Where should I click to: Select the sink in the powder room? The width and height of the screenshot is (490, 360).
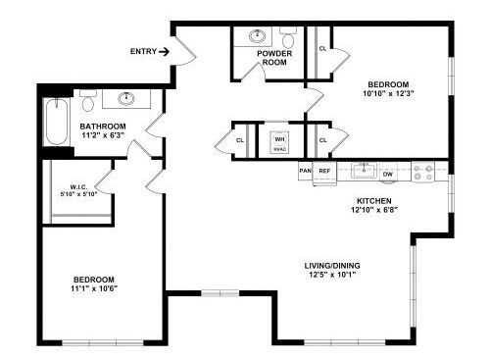coord(259,36)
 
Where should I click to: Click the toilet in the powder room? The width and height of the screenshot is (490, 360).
coord(287,37)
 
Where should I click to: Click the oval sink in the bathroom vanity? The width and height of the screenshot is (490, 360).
coord(126,98)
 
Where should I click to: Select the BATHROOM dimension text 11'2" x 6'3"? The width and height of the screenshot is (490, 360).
coord(102,136)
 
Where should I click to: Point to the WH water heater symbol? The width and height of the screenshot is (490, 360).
coord(279,140)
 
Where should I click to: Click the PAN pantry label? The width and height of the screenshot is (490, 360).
coord(305,171)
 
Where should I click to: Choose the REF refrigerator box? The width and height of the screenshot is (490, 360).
coord(324,171)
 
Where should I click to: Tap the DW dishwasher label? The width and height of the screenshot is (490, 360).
coord(388,174)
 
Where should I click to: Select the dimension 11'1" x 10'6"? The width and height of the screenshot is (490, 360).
coord(94,289)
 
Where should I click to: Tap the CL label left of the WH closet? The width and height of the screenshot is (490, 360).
coord(240,140)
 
